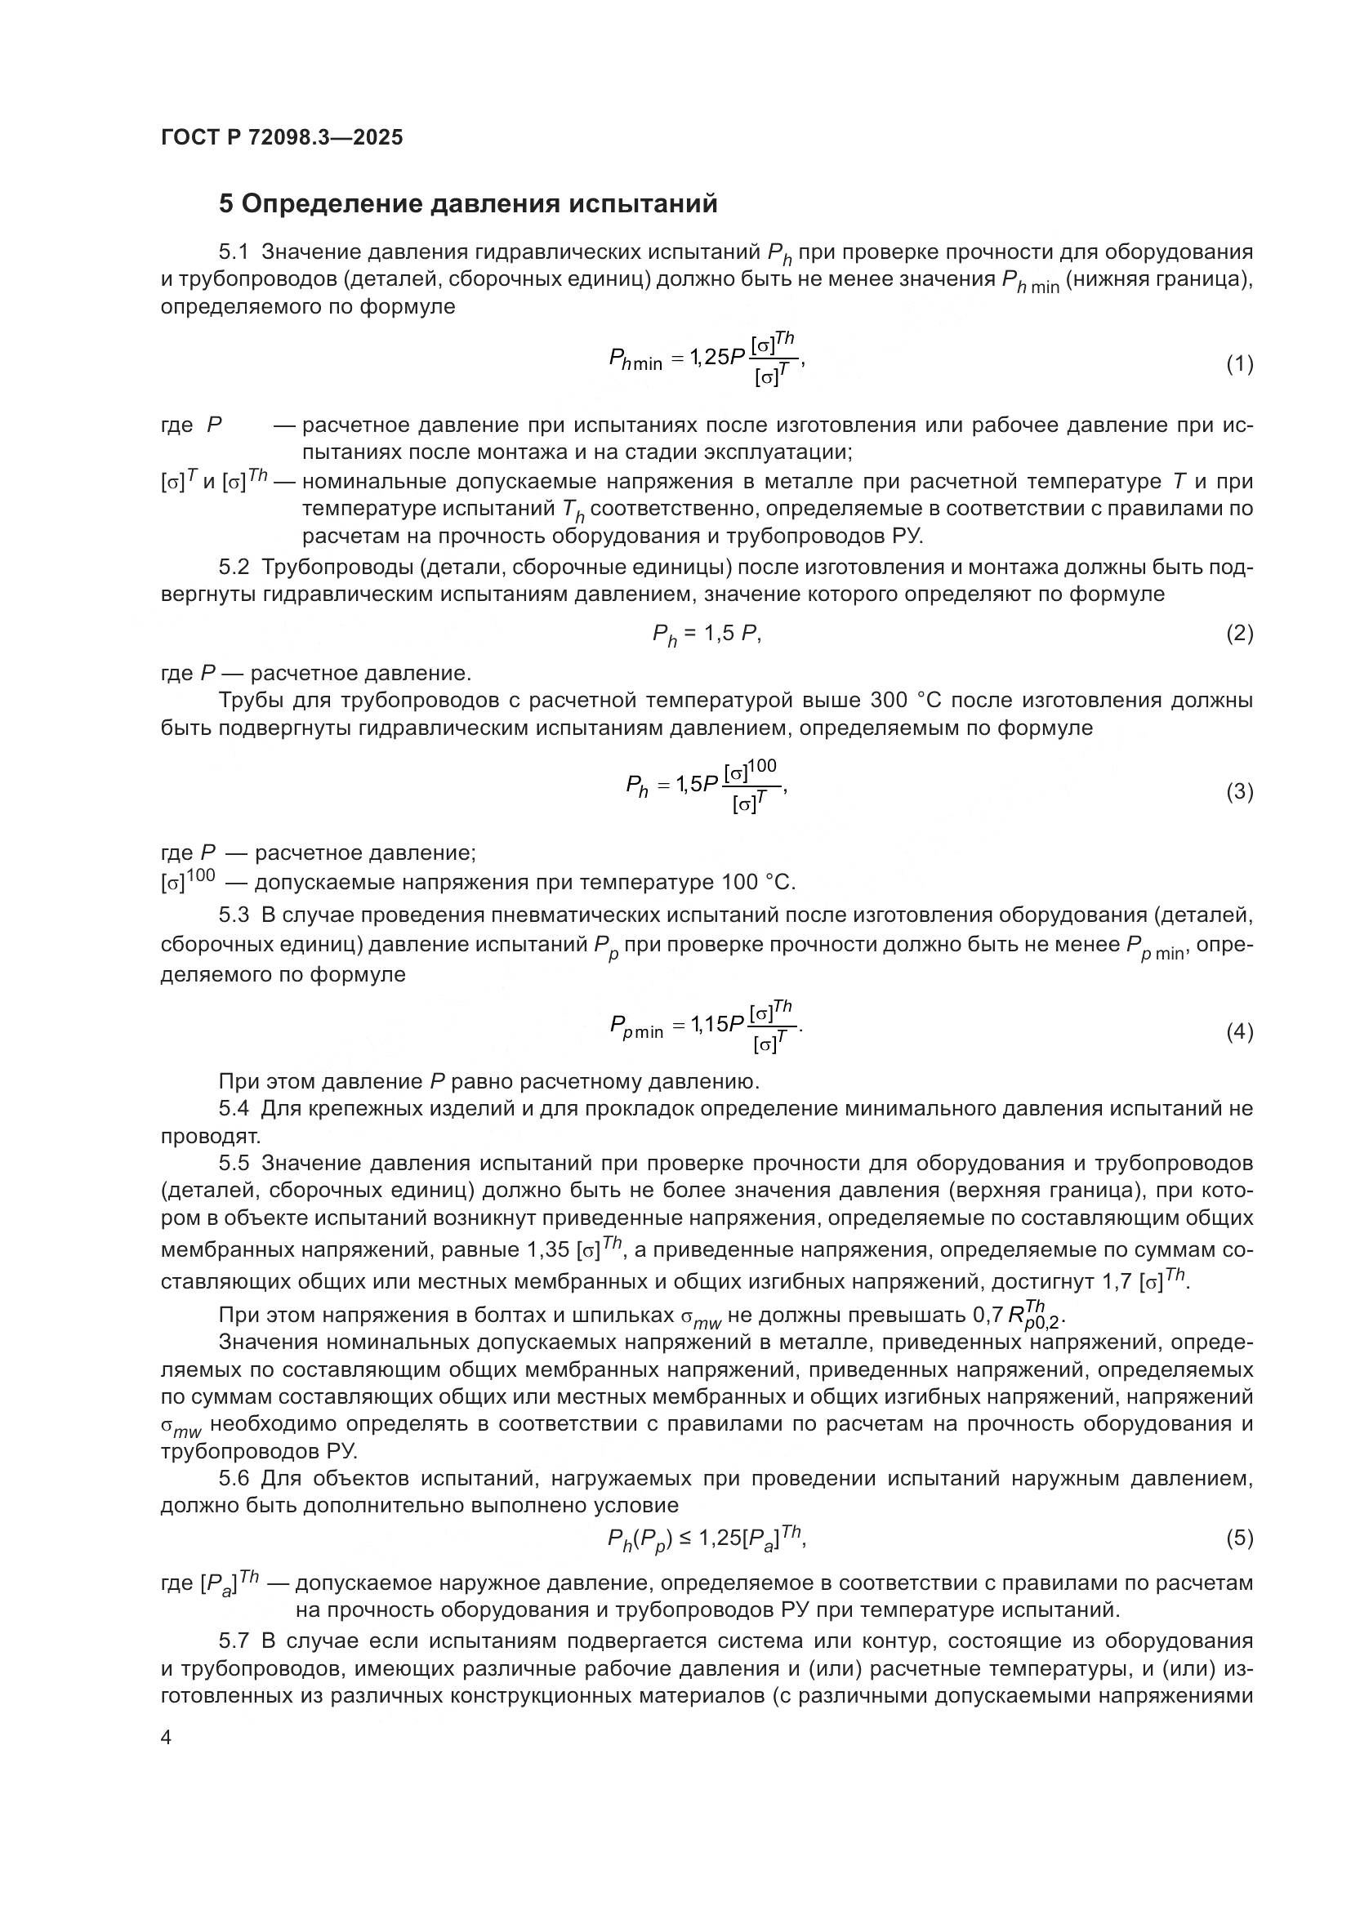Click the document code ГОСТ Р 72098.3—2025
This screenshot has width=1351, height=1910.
(x=281, y=137)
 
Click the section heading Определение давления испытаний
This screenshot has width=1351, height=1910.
(x=467, y=204)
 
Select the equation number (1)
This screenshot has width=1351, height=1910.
(x=1239, y=363)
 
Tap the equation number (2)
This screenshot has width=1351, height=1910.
(x=1239, y=634)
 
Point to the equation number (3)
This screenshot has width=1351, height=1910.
(x=1239, y=792)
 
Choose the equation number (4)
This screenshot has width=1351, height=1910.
(x=1239, y=1032)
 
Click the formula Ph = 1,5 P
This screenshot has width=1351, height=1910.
(x=707, y=634)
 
